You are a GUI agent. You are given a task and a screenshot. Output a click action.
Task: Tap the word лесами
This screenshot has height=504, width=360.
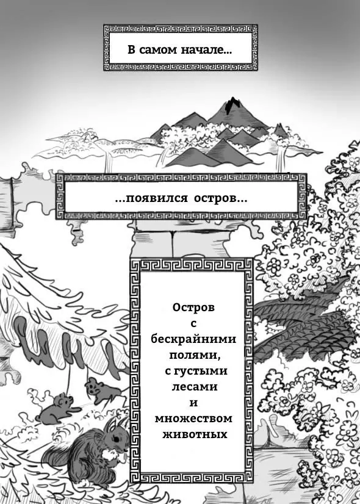pyautogui.click(x=195, y=387)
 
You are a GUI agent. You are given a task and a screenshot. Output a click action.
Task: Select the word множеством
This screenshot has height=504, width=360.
pyautogui.click(x=193, y=419)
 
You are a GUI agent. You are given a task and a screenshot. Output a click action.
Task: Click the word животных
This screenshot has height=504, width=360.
pyautogui.click(x=195, y=434)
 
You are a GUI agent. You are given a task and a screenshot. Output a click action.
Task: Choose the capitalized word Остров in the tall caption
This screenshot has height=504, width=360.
pyautogui.click(x=193, y=308)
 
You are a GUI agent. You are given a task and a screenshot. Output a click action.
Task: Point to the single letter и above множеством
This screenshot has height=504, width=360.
pyautogui.click(x=193, y=403)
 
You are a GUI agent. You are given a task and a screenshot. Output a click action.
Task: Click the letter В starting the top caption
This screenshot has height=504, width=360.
pyautogui.click(x=131, y=51)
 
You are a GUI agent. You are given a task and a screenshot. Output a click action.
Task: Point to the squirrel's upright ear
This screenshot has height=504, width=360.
pyautogui.click(x=110, y=425)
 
